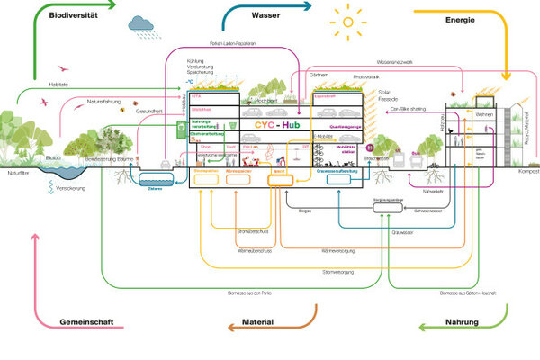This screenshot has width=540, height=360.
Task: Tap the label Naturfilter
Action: tap(19, 172)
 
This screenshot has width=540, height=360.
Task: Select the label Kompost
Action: tap(526, 170)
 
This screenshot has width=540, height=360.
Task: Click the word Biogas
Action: tap(306, 210)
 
